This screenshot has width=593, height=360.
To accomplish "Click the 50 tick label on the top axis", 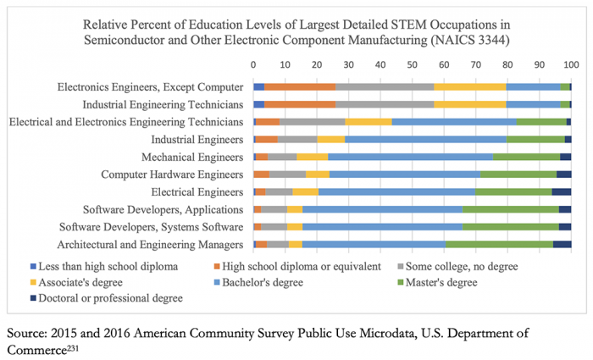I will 412,65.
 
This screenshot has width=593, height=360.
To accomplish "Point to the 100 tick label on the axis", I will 569,65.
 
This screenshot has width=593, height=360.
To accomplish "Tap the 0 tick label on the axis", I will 253,65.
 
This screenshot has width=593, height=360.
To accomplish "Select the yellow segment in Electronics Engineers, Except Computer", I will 469,86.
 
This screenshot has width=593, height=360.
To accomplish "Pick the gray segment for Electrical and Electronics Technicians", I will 312,122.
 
